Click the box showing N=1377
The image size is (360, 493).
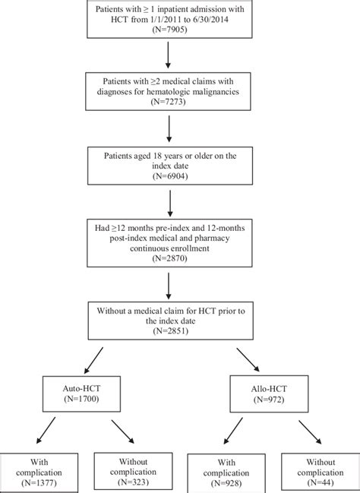click(35, 472)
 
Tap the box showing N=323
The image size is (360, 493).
click(128, 472)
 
